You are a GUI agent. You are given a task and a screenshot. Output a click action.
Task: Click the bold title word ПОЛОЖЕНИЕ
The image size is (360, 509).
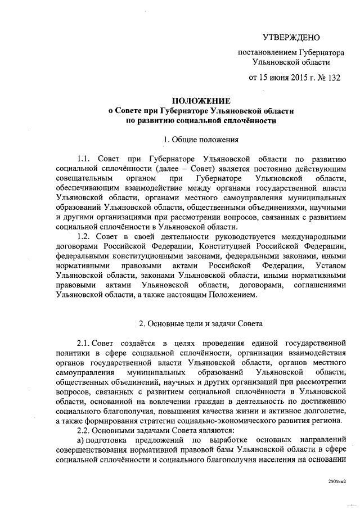click(201, 101)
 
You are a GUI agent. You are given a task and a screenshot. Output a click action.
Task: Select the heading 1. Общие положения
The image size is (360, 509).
click(201, 138)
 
